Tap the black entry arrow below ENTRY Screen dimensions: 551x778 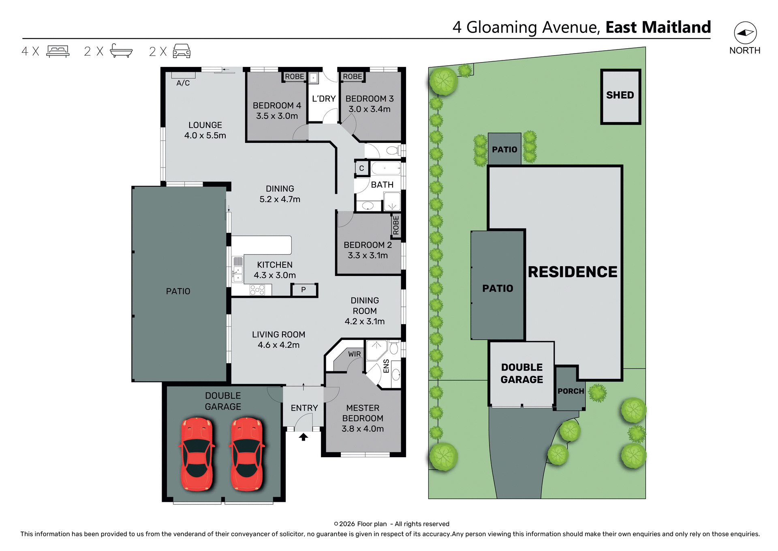[x=304, y=437]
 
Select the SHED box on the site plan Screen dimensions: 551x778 [x=620, y=96]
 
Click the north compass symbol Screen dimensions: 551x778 [x=745, y=33]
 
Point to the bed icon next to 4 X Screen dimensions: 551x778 [x=58, y=51]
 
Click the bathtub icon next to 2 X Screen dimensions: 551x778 [x=121, y=51]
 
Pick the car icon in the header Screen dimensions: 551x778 [x=182, y=51]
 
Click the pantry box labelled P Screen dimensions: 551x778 [x=304, y=290]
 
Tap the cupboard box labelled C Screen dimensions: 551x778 [x=361, y=168]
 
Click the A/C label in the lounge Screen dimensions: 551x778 [x=183, y=83]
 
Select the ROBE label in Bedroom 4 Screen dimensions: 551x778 [x=294, y=77]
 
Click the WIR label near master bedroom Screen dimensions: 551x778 [x=354, y=354]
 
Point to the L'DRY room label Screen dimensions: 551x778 [x=323, y=99]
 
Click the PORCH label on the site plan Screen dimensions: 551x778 [x=571, y=391]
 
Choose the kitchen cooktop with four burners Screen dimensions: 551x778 [x=257, y=290]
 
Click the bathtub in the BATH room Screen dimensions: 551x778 [x=386, y=168]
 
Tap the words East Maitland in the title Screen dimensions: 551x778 [x=658, y=27]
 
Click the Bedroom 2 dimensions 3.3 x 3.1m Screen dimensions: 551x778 [x=368, y=256]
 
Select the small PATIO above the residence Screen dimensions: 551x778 [x=504, y=149]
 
